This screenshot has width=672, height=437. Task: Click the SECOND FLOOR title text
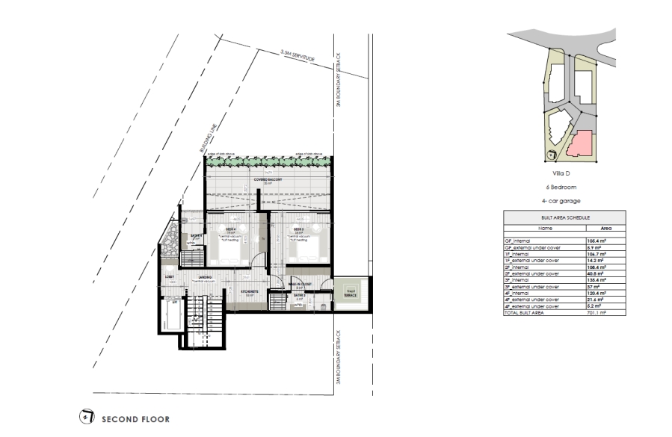tap(135, 419)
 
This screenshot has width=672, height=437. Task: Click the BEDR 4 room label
tap(231, 229)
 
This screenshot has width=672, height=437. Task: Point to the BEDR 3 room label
tap(297, 229)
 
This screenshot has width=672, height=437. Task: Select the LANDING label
tap(205, 277)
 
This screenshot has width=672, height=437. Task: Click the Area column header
tap(605, 229)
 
